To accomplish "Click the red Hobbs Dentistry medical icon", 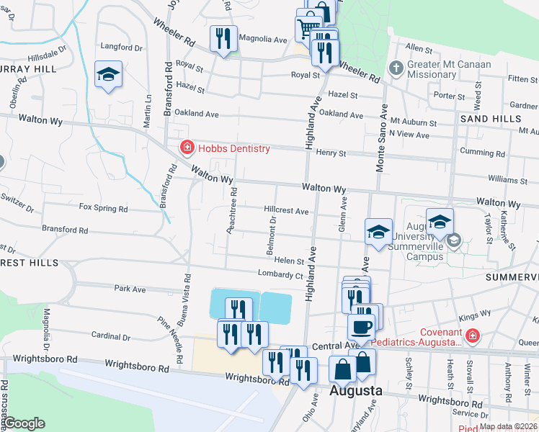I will tap(187, 148).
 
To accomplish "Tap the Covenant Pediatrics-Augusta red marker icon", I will tap(472, 336).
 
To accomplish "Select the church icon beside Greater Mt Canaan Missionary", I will tap(395, 69).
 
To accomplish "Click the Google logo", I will tap(24, 423).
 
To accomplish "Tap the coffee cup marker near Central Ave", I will tap(361, 326).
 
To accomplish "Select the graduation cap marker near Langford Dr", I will tap(108, 74).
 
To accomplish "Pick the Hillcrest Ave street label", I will tap(286, 212).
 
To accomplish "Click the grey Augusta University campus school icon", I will tap(453, 240).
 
